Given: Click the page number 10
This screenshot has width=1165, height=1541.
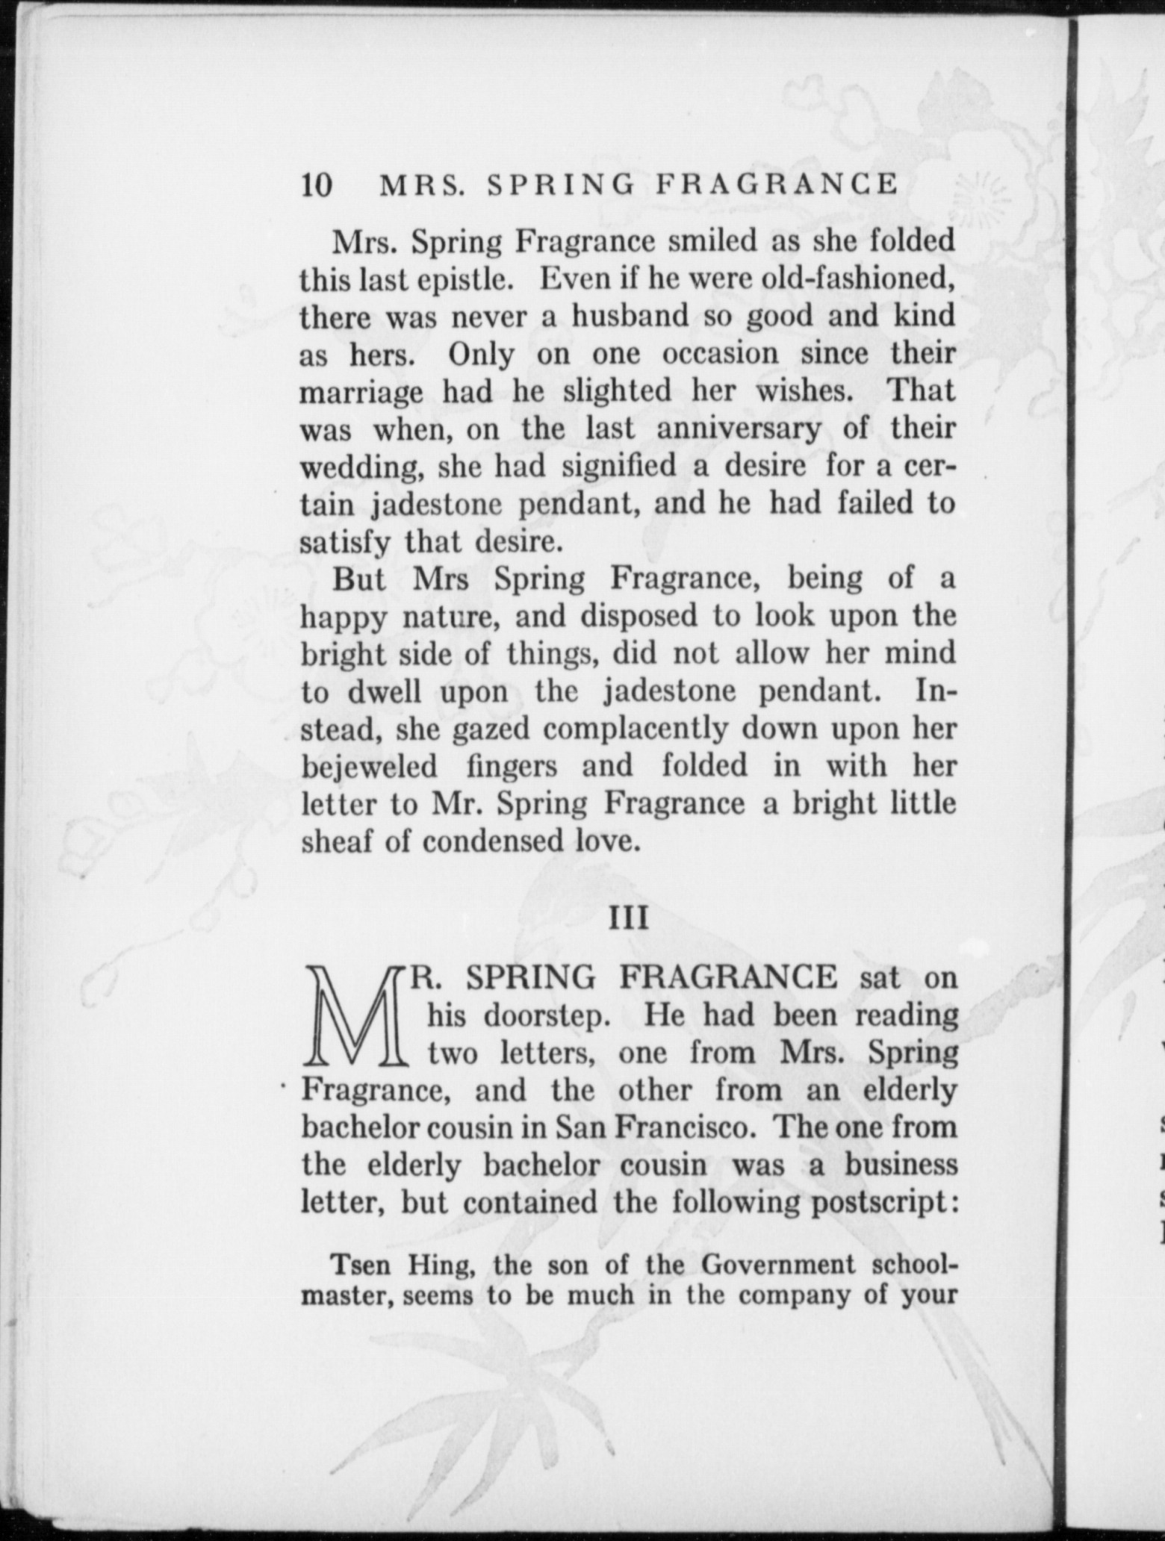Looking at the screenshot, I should click(x=316, y=184).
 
